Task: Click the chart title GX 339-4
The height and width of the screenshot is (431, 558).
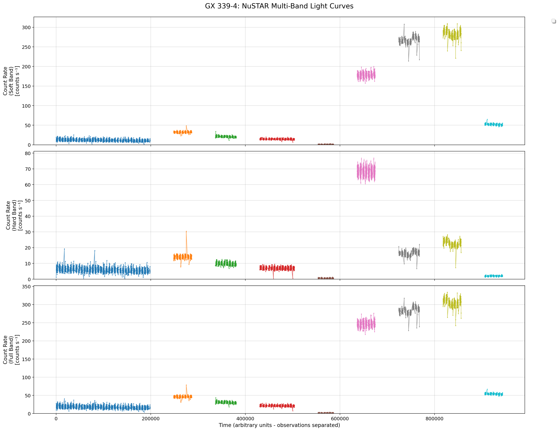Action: [279, 6]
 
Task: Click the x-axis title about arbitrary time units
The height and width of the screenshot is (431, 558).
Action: [279, 425]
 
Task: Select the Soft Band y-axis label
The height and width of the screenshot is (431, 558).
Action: [11, 81]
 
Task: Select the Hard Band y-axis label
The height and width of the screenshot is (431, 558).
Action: [14, 215]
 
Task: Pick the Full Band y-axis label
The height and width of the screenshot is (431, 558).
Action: [11, 350]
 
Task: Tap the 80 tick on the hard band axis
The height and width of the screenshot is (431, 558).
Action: [28, 153]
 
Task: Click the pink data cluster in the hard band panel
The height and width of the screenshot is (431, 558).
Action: [366, 171]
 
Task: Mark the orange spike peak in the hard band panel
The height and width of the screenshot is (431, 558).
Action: [186, 231]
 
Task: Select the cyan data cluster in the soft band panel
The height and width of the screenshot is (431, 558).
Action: [494, 124]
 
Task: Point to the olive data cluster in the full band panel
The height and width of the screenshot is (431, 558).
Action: [452, 303]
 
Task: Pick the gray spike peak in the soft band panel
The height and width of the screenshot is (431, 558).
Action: [404, 25]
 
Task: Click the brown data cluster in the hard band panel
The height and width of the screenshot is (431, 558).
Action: [326, 278]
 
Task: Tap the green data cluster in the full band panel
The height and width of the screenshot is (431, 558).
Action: [226, 402]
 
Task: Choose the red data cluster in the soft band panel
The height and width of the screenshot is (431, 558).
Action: [277, 139]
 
